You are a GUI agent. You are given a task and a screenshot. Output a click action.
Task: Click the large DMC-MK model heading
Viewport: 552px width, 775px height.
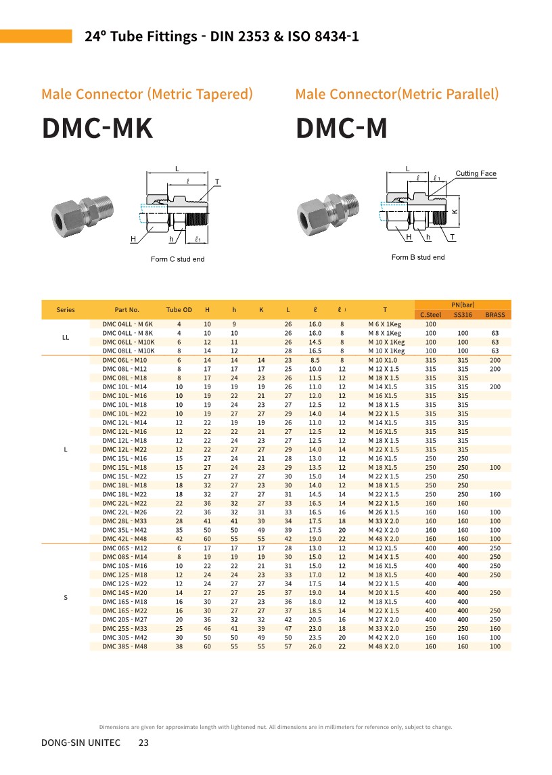[x=97, y=129]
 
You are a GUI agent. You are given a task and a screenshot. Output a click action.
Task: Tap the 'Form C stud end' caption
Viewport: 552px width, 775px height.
[x=177, y=259]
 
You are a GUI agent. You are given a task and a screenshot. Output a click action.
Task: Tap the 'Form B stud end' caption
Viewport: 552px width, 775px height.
[x=418, y=257]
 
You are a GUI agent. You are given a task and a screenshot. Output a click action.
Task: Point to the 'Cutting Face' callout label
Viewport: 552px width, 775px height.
[x=476, y=174]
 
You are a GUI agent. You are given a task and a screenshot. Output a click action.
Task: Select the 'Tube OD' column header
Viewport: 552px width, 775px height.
[x=179, y=310]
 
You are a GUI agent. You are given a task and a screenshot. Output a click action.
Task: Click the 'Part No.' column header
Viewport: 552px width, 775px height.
[x=127, y=310]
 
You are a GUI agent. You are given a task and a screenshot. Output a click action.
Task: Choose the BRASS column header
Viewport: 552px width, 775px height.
[x=495, y=315]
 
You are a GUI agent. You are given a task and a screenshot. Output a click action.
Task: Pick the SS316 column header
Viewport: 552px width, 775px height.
[x=463, y=315]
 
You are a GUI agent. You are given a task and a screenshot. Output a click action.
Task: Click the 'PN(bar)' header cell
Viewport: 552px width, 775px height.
[x=463, y=305]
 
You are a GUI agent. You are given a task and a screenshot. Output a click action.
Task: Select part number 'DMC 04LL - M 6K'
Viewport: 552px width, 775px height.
[x=128, y=324]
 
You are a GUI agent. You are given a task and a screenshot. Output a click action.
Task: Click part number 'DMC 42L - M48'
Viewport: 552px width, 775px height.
[x=124, y=538]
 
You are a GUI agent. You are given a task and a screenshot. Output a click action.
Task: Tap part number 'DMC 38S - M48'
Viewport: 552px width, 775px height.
[x=124, y=646]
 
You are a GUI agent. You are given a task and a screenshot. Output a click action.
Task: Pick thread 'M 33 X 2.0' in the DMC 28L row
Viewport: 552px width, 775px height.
[x=384, y=521]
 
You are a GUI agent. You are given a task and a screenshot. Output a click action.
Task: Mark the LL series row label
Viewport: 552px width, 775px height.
[x=66, y=337]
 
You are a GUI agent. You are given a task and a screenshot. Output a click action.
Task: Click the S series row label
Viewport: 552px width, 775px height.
[x=66, y=597]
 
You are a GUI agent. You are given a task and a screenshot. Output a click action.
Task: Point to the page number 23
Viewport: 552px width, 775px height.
[x=143, y=743]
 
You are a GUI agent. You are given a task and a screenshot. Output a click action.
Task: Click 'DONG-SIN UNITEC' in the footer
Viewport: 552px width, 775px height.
[x=81, y=743]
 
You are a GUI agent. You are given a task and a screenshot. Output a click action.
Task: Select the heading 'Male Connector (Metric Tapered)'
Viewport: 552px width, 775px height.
[x=147, y=94]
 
